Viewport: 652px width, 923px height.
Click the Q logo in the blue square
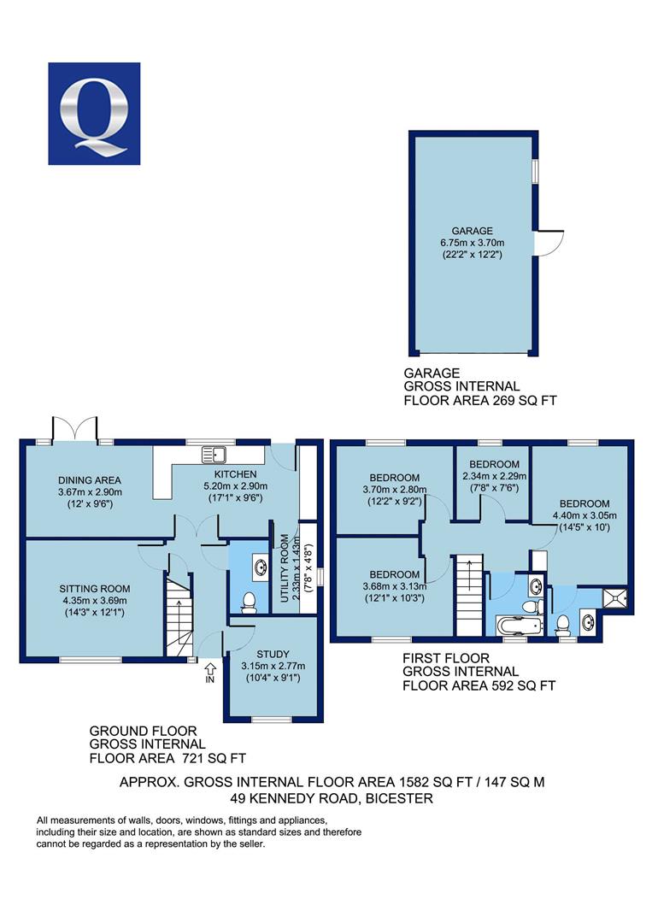(94, 113)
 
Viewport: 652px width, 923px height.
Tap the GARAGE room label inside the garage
(472, 231)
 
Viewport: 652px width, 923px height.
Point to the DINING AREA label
(90, 480)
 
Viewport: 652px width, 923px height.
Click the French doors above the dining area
(74, 427)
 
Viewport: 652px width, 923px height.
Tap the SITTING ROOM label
(95, 589)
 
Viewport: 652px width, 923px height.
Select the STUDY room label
(273, 654)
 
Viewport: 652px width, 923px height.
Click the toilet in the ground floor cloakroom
(249, 603)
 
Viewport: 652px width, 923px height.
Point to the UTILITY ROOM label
(285, 568)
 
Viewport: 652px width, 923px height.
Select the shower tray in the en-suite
(614, 597)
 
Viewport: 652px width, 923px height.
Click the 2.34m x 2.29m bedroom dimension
(494, 476)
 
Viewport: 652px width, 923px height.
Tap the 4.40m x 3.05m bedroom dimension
(584, 515)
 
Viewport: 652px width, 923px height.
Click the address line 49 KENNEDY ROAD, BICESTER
(332, 799)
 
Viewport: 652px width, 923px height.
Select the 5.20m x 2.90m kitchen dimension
(235, 486)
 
